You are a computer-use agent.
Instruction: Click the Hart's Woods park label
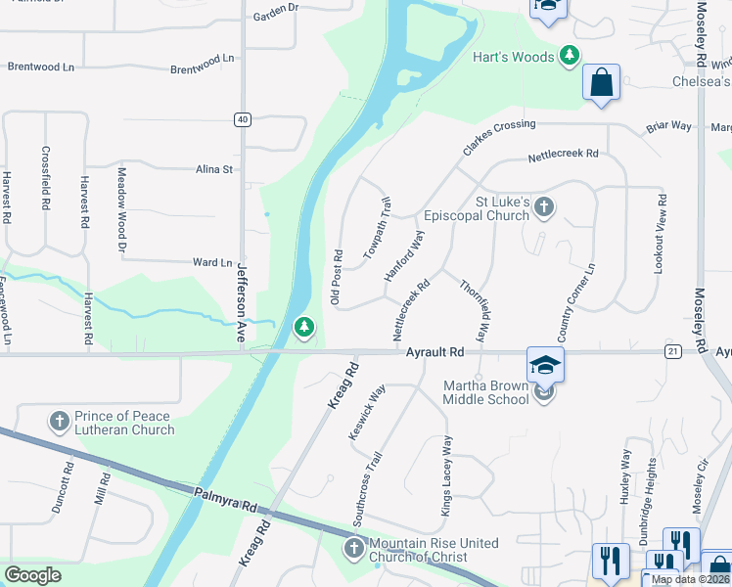[514, 57]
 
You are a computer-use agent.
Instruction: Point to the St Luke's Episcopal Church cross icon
[545, 207]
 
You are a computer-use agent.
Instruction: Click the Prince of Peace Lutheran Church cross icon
[59, 423]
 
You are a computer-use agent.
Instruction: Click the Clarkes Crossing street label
[499, 138]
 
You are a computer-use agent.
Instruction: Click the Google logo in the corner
[33, 574]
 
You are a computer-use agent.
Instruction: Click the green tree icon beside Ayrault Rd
[304, 328]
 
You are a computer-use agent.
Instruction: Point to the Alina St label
[213, 169]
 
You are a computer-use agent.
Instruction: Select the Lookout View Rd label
[663, 233]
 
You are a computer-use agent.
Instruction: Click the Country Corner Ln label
[575, 296]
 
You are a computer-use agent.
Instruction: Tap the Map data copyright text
[691, 579]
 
